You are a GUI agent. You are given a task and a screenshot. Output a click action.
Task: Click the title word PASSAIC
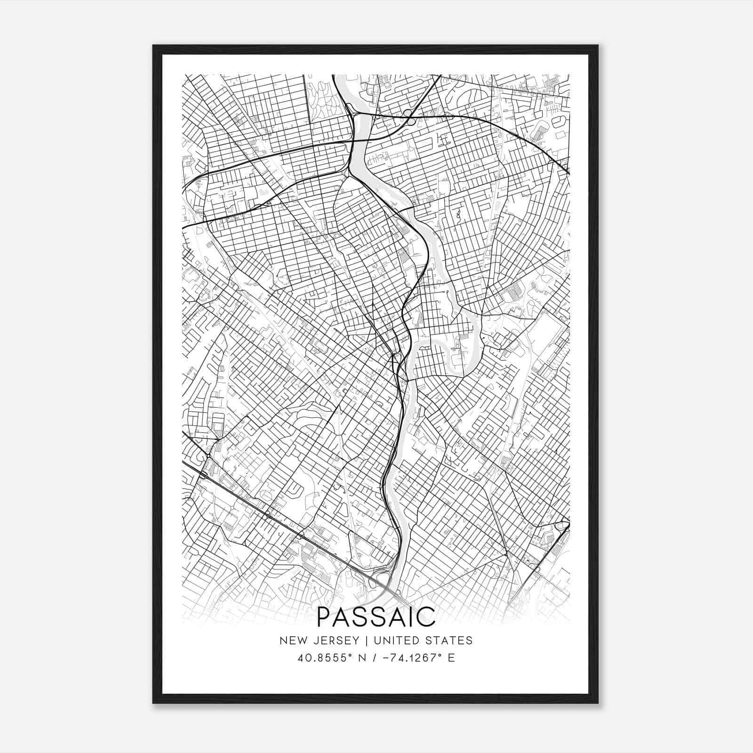coord(376,617)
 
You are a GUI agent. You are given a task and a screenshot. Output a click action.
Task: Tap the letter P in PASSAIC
coord(325,617)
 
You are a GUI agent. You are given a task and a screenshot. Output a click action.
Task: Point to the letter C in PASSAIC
coord(426,617)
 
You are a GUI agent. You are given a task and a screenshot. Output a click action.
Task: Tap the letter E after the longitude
coord(451,658)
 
